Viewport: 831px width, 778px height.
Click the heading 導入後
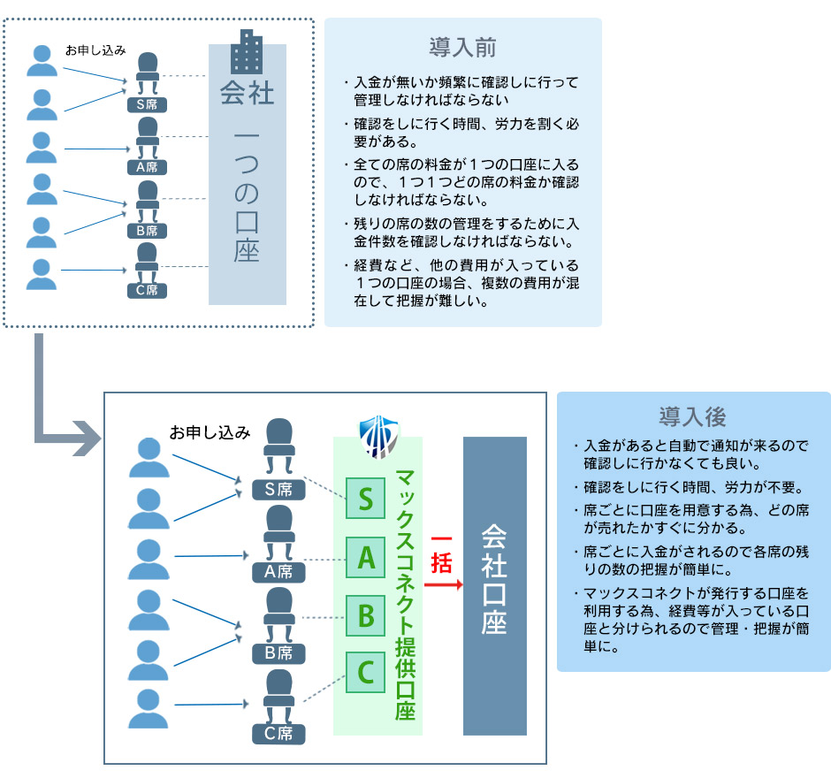[x=693, y=416]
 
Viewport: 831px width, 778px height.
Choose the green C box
[x=365, y=673]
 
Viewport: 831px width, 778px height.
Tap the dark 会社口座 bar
[x=494, y=585]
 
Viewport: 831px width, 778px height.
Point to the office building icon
[x=246, y=52]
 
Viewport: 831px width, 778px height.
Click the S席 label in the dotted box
[x=147, y=103]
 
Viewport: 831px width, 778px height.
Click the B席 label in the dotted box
[x=147, y=231]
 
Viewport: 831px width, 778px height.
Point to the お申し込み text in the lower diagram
[x=210, y=432]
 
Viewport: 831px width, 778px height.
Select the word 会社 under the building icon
[x=247, y=93]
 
